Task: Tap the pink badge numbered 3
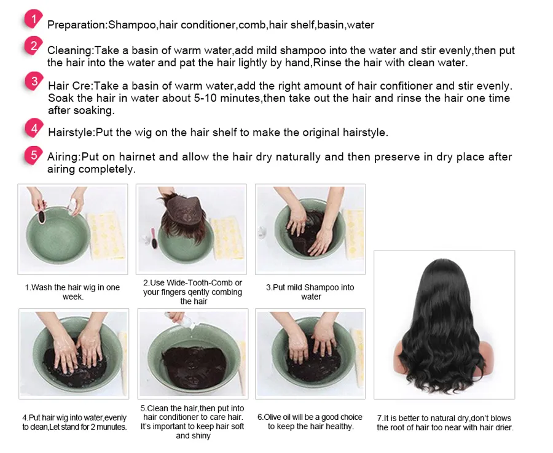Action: click(x=34, y=82)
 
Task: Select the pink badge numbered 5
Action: click(x=34, y=155)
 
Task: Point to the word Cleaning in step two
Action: click(x=69, y=50)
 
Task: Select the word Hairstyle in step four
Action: click(x=71, y=133)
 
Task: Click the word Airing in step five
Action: click(x=63, y=157)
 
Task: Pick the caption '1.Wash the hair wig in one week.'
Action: click(x=73, y=292)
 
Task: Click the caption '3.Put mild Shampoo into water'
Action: click(x=310, y=292)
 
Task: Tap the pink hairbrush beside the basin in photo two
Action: click(x=154, y=239)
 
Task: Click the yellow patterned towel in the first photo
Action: click(x=106, y=235)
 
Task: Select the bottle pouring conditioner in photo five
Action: click(x=181, y=320)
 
